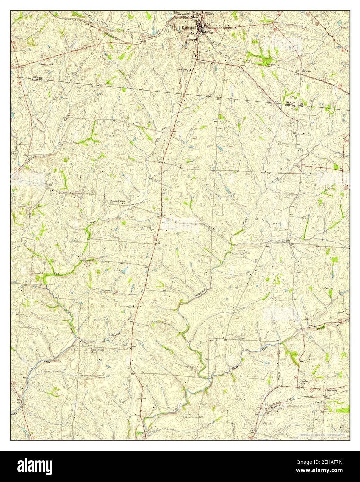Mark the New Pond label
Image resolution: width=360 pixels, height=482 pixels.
pos(46,64)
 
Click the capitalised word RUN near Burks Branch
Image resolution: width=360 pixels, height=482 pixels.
pos(47,362)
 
